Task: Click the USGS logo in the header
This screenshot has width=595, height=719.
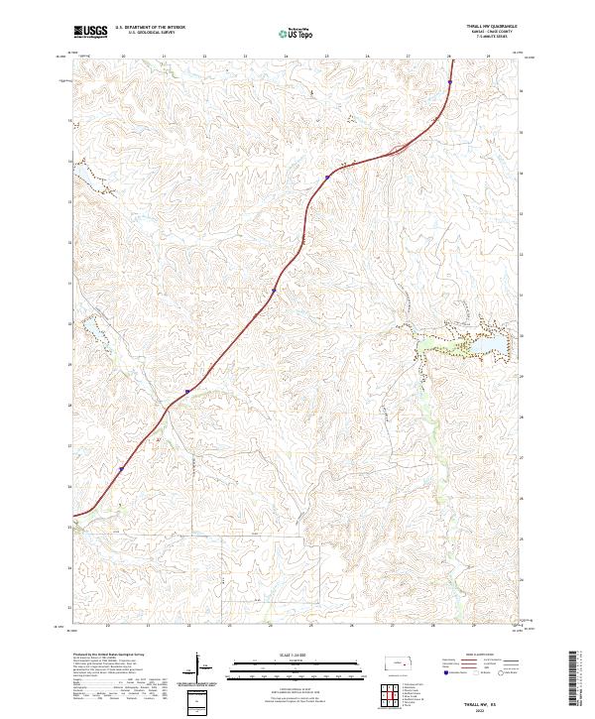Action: (x=90, y=33)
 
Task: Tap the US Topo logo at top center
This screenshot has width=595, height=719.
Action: (x=297, y=33)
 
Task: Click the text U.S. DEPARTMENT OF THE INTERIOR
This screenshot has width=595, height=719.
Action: (x=150, y=28)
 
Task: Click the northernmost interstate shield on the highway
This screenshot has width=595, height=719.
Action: (x=327, y=179)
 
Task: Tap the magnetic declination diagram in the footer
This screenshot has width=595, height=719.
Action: (x=198, y=667)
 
